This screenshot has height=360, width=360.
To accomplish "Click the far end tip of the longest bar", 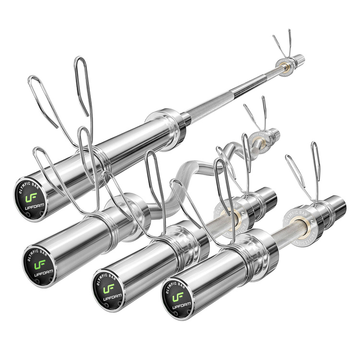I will tap(300, 59).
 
